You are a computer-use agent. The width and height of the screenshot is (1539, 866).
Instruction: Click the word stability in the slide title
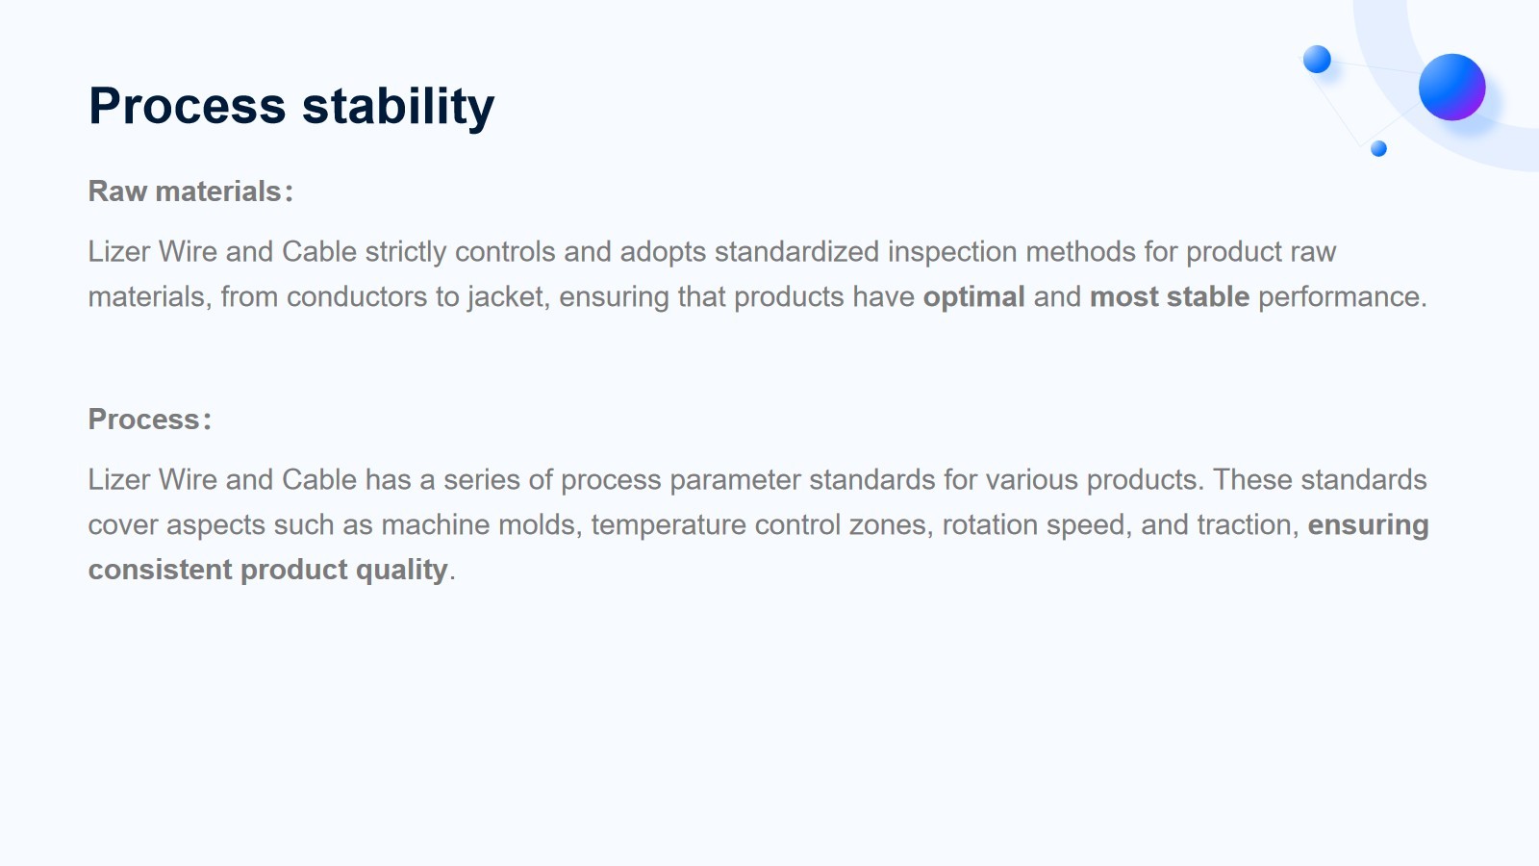click(398, 107)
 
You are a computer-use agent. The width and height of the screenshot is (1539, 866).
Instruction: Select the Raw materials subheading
click(191, 191)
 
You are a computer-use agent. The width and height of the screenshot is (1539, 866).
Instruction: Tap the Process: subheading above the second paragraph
click(150, 420)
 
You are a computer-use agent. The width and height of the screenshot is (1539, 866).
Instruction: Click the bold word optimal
click(973, 297)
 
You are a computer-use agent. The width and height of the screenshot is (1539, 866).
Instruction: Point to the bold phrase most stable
click(1170, 297)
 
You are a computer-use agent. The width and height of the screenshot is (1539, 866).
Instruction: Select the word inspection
click(952, 252)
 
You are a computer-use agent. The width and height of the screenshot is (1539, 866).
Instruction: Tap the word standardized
click(797, 251)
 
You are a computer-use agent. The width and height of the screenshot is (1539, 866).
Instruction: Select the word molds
click(540, 525)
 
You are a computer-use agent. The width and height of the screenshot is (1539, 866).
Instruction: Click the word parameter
click(735, 480)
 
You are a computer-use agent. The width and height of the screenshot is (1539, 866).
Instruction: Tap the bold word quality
click(402, 571)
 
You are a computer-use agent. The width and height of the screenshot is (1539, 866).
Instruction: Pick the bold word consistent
click(160, 571)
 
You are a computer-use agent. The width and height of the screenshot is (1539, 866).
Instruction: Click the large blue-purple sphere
click(1451, 88)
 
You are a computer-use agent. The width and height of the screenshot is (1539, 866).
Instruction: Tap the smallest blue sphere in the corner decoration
click(1378, 148)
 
